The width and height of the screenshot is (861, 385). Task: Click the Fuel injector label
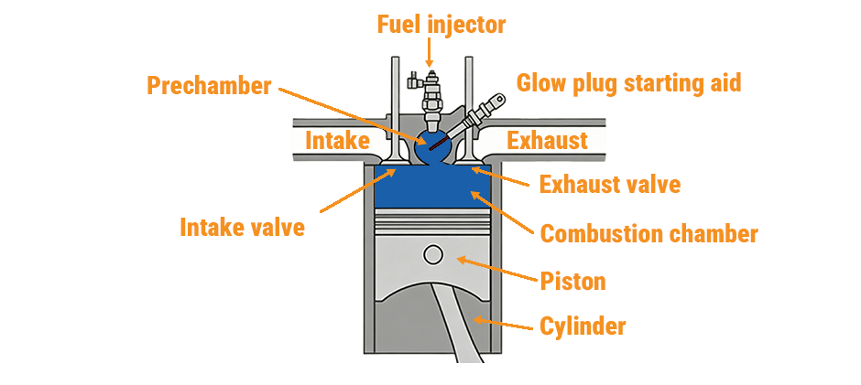tap(441, 25)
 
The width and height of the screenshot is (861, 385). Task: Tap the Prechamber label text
tap(210, 86)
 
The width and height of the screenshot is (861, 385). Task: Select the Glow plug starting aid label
tap(628, 83)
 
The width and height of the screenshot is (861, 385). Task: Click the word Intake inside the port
tap(337, 141)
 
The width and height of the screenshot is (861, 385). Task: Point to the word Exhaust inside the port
tap(547, 141)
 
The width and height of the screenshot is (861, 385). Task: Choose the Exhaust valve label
tap(609, 185)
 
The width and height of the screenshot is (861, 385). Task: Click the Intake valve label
tap(242, 226)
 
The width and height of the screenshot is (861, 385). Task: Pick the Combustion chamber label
tap(648, 234)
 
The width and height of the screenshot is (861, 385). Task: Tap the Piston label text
tap(572, 280)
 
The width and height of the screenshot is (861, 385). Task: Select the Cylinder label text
tap(583, 326)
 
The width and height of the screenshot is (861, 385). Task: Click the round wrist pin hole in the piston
tap(433, 253)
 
